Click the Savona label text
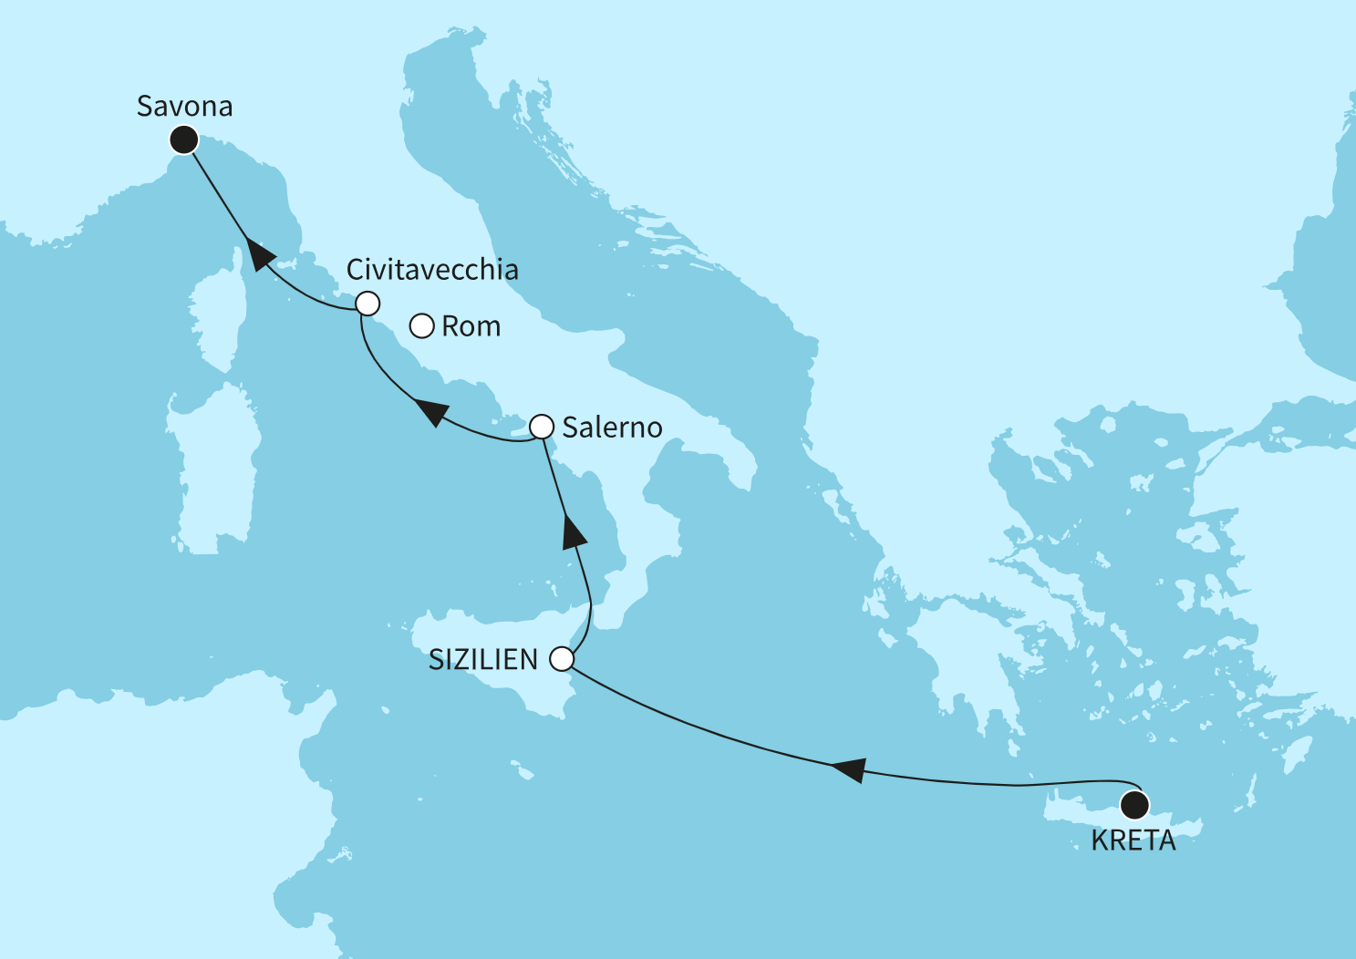(184, 107)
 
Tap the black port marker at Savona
(184, 139)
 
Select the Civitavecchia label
(432, 270)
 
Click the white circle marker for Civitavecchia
(367, 303)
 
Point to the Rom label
(471, 326)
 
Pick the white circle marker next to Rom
(421, 325)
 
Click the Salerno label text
(612, 428)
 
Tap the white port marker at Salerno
(542, 426)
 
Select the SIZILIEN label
(483, 660)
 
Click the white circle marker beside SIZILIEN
(563, 659)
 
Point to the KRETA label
(1133, 840)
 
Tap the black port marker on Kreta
(1135, 806)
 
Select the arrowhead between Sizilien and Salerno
(573, 531)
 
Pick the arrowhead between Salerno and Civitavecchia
(430, 413)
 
